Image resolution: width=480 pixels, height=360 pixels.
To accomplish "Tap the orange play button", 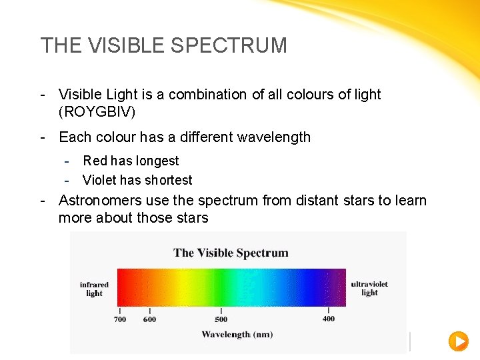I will click(x=458, y=341).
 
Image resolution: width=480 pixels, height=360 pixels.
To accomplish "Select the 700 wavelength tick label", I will click(x=119, y=319).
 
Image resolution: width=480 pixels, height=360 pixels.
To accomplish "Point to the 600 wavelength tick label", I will click(x=150, y=319).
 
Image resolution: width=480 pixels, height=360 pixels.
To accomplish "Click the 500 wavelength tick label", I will click(x=221, y=319).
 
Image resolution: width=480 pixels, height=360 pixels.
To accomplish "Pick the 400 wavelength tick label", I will click(x=329, y=319).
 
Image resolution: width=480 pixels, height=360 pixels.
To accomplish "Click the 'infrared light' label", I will click(x=94, y=289).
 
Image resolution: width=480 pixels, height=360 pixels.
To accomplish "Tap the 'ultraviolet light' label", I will click(x=369, y=288).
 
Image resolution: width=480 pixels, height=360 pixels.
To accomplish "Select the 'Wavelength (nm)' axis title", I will click(x=237, y=334).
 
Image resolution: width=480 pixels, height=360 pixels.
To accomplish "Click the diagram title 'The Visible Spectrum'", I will click(x=231, y=253).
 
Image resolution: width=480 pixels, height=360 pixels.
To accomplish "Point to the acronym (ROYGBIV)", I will click(x=97, y=111).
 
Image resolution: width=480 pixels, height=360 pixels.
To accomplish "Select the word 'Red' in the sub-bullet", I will click(x=95, y=161).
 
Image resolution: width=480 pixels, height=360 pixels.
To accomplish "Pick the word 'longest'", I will click(x=157, y=161).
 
